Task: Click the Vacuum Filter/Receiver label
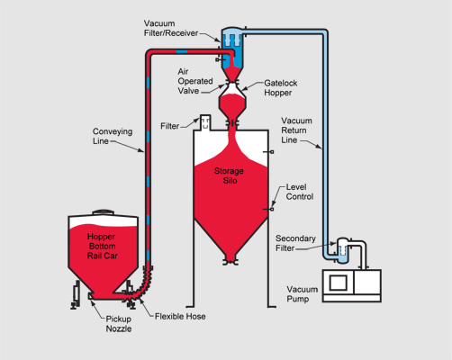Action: pyautogui.click(x=171, y=28)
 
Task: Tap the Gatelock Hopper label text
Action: pyautogui.click(x=281, y=87)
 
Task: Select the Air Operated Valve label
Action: pyautogui.click(x=195, y=81)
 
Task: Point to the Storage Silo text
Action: pyautogui.click(x=229, y=175)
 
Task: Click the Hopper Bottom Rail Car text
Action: pyautogui.click(x=102, y=246)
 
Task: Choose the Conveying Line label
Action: pyautogui.click(x=113, y=136)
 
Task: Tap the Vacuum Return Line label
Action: pyautogui.click(x=296, y=130)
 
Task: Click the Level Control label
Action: pyautogui.click(x=300, y=192)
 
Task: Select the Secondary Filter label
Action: pyautogui.click(x=295, y=243)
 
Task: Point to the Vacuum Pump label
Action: pyautogui.click(x=302, y=294)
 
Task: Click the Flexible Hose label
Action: pyautogui.click(x=180, y=316)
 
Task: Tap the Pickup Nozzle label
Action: pyautogui.click(x=119, y=324)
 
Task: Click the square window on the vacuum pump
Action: pyautogui.click(x=339, y=283)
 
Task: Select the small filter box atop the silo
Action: pyautogui.click(x=205, y=122)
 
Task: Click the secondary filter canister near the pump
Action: pyautogui.click(x=342, y=250)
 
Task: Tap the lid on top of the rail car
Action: pyautogui.click(x=104, y=212)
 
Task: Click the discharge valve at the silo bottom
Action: pyautogui.click(x=231, y=262)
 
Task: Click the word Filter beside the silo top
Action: pyautogui.click(x=169, y=126)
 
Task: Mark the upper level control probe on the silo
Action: pyautogui.click(x=269, y=152)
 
